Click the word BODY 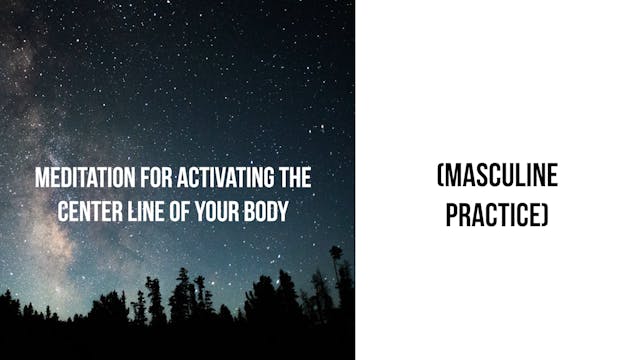point(268,211)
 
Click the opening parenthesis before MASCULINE point(440,178)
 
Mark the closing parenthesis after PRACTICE point(546,214)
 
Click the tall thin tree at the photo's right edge point(336,275)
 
